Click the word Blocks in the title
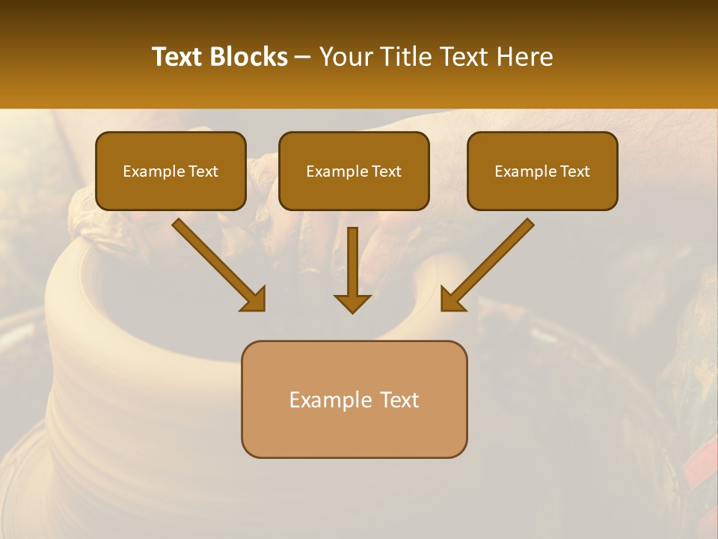pyautogui.click(x=248, y=57)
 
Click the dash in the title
pyautogui.click(x=303, y=58)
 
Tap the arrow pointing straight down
pyautogui.click(x=352, y=269)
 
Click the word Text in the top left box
pyautogui.click(x=203, y=171)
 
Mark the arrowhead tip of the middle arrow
pyautogui.click(x=352, y=311)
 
